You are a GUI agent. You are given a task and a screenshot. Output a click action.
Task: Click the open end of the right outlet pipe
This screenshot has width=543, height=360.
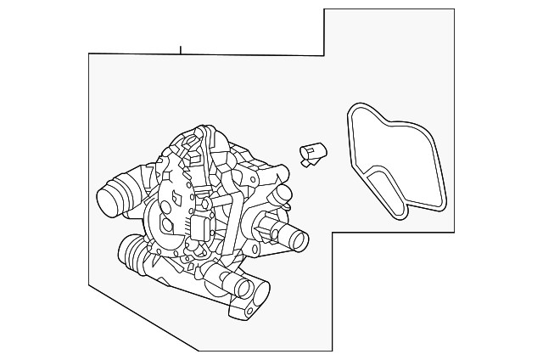point(298,240)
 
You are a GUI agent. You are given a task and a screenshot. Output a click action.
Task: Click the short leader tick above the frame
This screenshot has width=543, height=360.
point(180,48)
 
